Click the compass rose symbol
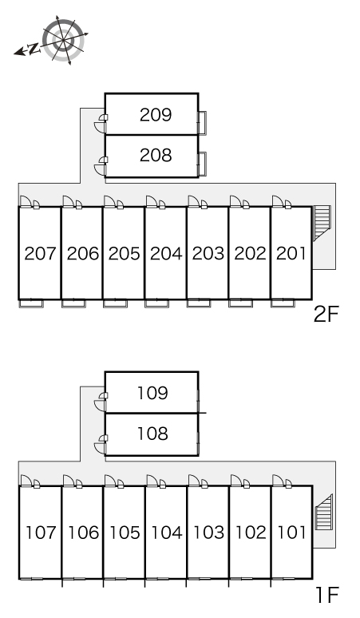pos(63,40)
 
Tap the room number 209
pos(156,115)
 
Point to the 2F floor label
pos(326,314)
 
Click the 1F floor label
pos(327,595)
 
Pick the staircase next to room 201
pos(322,223)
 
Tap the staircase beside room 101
pos(324,512)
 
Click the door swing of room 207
pos(26,201)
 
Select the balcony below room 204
pos(156,303)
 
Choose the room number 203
pos(208,253)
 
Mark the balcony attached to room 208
pos(203,164)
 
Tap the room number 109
pos(152,393)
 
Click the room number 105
pos(125,533)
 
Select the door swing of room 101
pos(278,481)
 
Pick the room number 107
pos(41,533)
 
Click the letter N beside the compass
pos(34,49)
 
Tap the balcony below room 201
pos(283,303)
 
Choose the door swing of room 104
pos(152,481)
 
